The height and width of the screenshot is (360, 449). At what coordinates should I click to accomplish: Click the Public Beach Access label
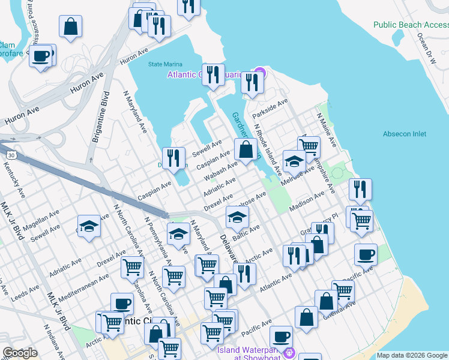pos(411,25)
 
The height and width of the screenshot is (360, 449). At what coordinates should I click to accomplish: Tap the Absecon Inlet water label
pos(405,134)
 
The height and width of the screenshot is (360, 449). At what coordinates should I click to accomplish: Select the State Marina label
pos(164,64)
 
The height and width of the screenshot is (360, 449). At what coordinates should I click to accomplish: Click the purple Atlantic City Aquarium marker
pos(258,75)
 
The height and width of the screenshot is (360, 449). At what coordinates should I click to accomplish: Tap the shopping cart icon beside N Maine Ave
pos(309,145)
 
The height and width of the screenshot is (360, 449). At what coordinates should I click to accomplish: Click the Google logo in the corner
pos(20,353)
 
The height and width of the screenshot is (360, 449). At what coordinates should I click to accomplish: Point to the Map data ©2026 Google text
pos(412,355)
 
